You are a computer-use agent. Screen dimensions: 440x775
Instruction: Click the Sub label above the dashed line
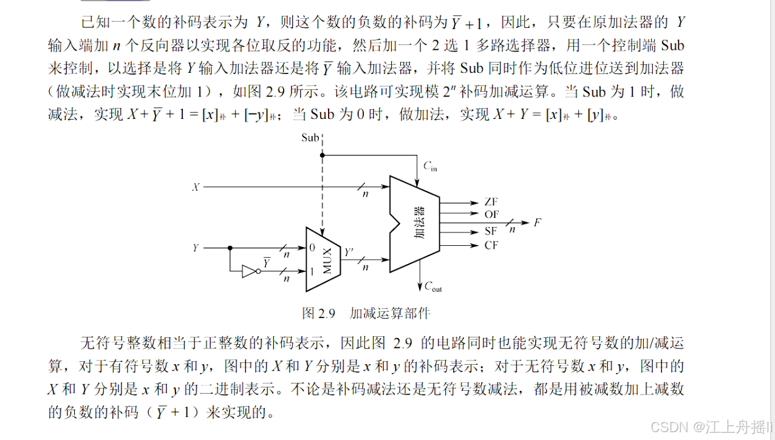point(310,138)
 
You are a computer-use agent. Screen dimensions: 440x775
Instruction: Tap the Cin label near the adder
point(429,166)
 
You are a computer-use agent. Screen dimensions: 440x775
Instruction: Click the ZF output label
point(491,202)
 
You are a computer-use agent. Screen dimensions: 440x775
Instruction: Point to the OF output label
point(491,214)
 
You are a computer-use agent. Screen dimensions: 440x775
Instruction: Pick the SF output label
point(491,231)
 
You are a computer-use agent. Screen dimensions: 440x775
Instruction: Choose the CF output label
point(491,245)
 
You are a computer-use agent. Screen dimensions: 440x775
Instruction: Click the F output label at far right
point(538,222)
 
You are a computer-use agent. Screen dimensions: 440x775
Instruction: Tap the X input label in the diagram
point(196,188)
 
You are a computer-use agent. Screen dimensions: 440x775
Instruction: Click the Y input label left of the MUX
point(196,248)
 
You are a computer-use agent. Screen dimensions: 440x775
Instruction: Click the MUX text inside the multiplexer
point(327,260)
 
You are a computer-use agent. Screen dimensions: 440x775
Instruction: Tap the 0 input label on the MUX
point(312,248)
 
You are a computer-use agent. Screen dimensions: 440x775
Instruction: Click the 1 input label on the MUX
point(312,271)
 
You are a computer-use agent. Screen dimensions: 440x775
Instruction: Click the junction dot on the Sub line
point(323,155)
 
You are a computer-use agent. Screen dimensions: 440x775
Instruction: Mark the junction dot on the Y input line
point(230,248)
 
